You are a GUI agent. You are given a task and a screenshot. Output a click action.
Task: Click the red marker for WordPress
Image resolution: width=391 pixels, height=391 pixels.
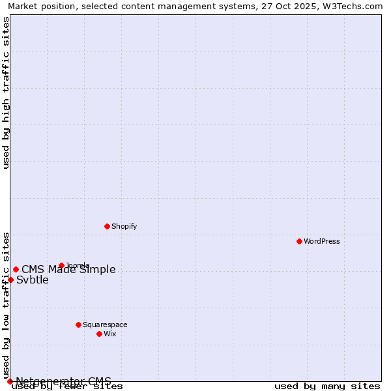click(x=299, y=241)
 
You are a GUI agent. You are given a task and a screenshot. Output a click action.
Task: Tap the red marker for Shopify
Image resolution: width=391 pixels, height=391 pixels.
click(x=107, y=226)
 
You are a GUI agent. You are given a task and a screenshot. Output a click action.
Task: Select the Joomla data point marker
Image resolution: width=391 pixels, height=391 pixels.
click(x=61, y=265)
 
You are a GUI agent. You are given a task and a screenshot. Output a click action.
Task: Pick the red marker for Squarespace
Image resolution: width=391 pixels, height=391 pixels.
click(x=78, y=325)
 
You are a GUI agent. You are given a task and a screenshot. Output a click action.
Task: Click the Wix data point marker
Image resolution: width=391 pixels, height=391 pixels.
click(x=99, y=334)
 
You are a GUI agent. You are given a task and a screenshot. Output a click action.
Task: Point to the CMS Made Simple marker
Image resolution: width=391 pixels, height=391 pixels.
click(x=16, y=269)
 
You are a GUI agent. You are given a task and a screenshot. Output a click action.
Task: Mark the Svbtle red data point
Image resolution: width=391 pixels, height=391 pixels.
click(x=10, y=280)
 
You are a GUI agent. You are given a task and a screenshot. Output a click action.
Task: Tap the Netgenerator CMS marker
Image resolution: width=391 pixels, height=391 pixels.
click(x=10, y=381)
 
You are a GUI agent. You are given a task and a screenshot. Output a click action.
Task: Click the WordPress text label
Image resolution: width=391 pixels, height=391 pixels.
click(x=322, y=242)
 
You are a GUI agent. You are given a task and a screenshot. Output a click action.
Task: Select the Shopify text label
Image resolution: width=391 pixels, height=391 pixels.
click(x=124, y=227)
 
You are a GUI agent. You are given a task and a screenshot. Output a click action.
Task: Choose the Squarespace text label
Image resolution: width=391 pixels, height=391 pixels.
click(x=105, y=325)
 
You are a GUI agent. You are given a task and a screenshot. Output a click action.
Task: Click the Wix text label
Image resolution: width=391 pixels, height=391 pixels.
click(x=110, y=334)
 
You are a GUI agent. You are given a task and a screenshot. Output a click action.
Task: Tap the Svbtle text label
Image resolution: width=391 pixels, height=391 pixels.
click(x=33, y=280)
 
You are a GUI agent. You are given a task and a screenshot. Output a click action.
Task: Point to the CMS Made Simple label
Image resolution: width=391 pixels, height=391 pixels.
click(x=68, y=270)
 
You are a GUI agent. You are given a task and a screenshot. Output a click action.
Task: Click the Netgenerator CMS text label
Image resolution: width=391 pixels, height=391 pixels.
click(x=63, y=381)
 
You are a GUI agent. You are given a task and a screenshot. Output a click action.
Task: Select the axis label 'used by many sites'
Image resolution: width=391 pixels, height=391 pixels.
click(x=327, y=386)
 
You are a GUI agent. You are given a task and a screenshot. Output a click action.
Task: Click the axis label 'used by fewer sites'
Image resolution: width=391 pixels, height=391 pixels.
click(x=67, y=386)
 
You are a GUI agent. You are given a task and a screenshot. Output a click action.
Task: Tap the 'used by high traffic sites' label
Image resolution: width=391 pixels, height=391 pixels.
click(x=6, y=93)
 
